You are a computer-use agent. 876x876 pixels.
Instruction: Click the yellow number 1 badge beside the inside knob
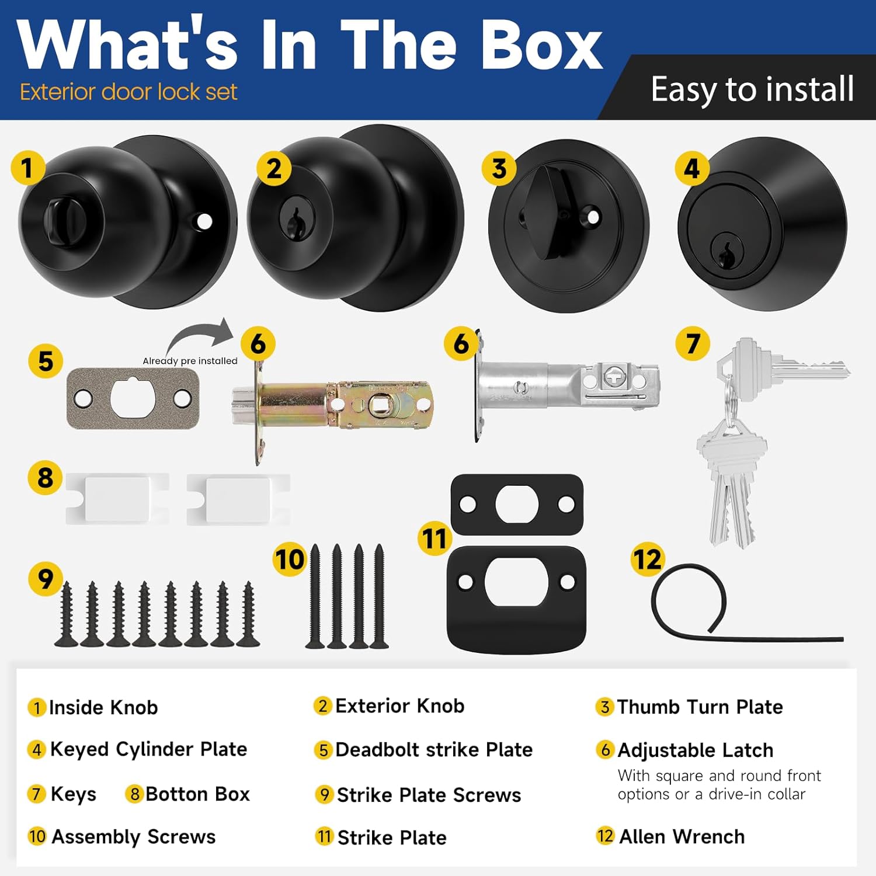coord(27,168)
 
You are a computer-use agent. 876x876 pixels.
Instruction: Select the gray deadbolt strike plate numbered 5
coord(133,398)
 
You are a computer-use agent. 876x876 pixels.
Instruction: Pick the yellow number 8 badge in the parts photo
coord(45,478)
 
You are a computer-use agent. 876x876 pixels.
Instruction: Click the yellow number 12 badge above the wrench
coord(647,559)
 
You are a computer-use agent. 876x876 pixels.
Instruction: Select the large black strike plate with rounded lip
coord(517,599)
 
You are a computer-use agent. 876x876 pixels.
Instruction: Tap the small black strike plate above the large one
coord(517,504)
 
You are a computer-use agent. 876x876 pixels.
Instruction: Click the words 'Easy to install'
coord(752,89)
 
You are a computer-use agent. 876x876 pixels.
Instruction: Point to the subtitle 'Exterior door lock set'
coord(128,92)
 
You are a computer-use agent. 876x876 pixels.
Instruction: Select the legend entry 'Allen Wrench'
coord(682,836)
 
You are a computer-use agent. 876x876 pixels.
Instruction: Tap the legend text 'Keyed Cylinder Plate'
coord(148,749)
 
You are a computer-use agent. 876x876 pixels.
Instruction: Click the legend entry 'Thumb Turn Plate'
coord(700,707)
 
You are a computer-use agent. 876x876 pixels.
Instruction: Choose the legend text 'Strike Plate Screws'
coord(429,795)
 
